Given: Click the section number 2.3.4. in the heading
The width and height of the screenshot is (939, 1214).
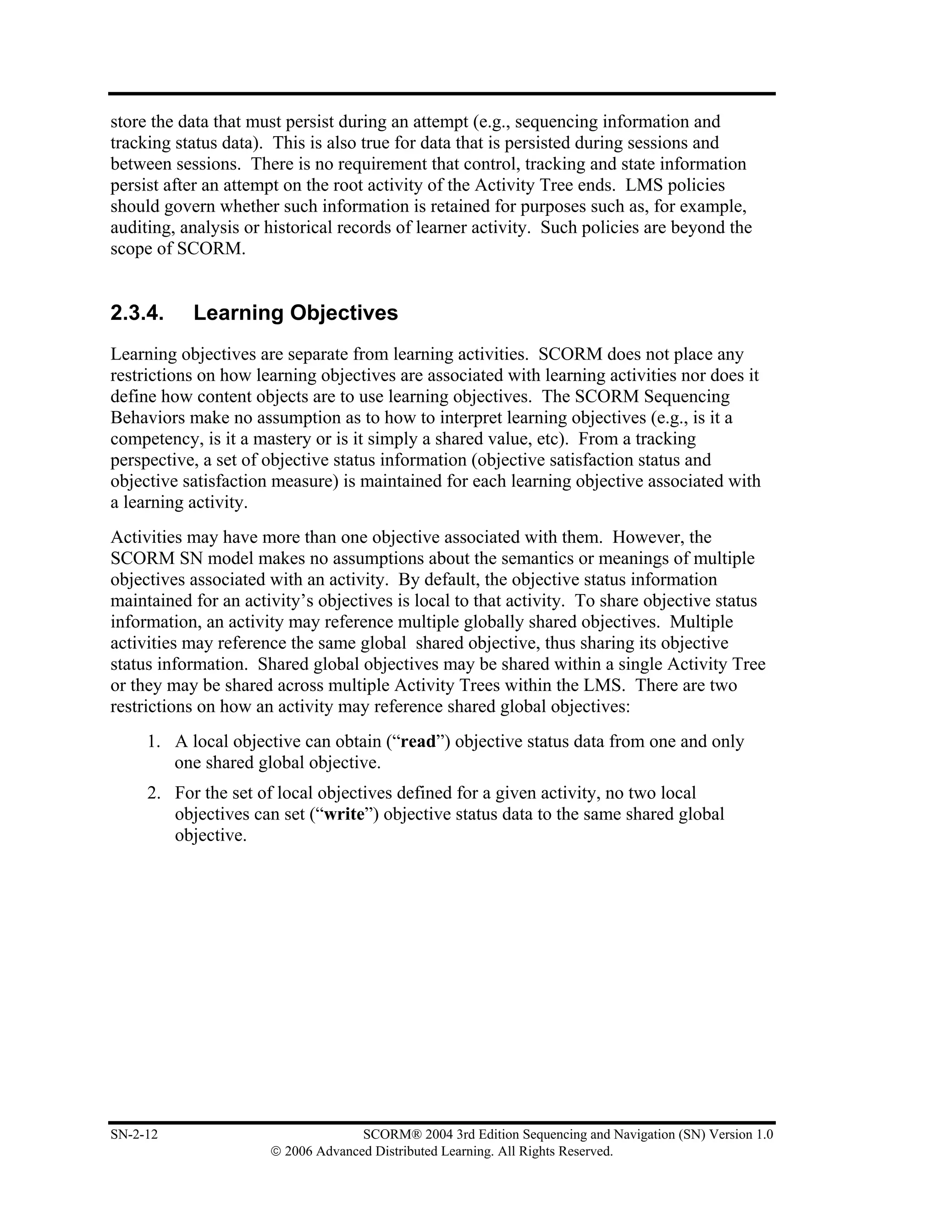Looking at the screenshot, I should point(137,313).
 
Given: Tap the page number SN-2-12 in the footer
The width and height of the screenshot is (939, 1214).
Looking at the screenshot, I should point(134,1134).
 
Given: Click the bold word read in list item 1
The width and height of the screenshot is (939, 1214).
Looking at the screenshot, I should point(418,742).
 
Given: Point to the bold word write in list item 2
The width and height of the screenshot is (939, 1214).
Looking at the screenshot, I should point(344,815).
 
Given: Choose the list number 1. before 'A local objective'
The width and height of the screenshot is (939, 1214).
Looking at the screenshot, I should point(154,742).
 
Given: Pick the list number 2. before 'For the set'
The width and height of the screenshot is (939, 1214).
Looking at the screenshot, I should point(154,793).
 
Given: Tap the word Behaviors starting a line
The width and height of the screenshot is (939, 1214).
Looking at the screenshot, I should point(146,418).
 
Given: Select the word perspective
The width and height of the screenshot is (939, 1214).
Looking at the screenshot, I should point(149,460).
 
